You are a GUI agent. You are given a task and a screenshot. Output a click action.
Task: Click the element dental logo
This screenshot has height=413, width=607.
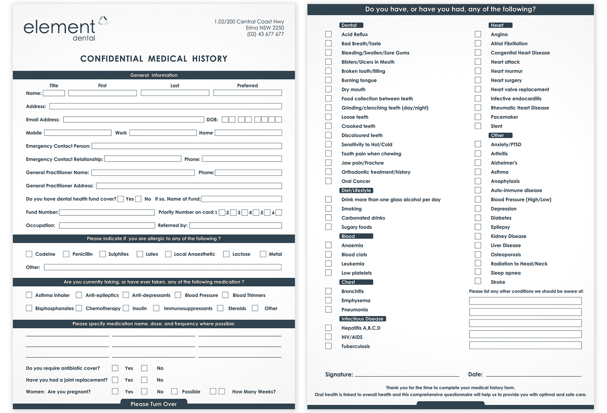tap(65, 29)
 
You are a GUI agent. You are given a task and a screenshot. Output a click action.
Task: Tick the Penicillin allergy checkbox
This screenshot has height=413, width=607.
tap(66, 254)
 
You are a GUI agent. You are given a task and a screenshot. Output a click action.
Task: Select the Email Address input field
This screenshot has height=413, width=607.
tap(134, 120)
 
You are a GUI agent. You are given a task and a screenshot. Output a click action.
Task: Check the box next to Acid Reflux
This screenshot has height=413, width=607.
tap(328, 34)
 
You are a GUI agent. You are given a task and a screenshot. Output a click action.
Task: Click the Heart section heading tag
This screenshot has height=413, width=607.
tap(500, 25)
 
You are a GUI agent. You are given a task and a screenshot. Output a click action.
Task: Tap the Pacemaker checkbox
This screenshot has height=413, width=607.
tap(478, 117)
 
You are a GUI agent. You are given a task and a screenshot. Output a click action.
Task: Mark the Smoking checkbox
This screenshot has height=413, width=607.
tap(328, 209)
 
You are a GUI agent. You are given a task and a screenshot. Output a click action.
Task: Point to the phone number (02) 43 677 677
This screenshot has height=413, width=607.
tap(265, 34)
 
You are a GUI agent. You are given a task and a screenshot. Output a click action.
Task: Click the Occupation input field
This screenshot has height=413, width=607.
tap(107, 226)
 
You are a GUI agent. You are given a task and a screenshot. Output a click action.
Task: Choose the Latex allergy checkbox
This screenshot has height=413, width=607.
tap(140, 254)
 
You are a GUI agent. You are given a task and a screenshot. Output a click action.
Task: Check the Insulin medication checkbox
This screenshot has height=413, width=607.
tap(126, 308)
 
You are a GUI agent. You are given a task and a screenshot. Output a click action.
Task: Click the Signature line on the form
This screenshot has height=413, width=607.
tap(407, 374)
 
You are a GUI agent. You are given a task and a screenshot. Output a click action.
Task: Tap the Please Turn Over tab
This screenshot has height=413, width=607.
tap(154, 404)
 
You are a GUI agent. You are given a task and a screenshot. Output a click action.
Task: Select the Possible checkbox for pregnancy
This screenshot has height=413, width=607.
tap(174, 392)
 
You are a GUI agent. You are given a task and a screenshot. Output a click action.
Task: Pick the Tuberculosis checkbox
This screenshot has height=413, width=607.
tap(328, 346)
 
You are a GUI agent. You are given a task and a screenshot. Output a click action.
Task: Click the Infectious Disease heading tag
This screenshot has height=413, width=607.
tap(362, 319)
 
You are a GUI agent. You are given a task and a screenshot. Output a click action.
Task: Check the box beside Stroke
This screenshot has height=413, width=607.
tap(478, 282)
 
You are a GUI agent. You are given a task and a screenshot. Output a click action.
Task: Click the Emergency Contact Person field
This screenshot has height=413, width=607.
tap(187, 146)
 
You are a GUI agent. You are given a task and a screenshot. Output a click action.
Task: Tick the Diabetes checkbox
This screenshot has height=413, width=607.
tap(478, 218)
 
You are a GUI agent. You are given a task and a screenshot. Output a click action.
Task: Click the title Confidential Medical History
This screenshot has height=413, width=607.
tap(154, 59)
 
